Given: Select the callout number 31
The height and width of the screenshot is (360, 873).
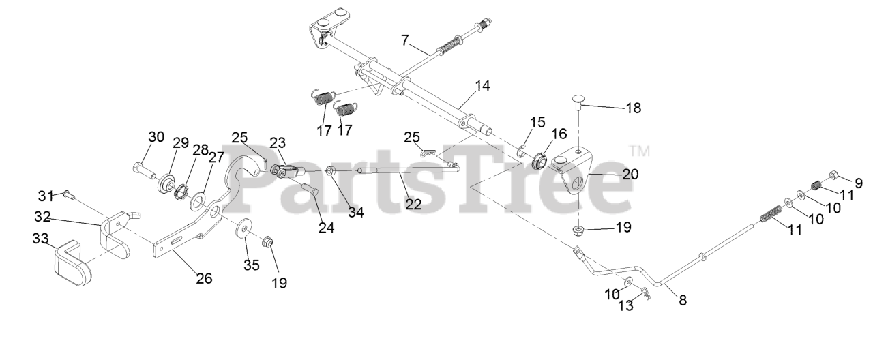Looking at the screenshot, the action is [46, 196].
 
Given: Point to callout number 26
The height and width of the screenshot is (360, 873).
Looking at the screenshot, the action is [204, 278].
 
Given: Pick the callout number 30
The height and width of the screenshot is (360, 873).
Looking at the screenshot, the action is [156, 136].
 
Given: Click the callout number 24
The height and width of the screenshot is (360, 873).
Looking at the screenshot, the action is [327, 228].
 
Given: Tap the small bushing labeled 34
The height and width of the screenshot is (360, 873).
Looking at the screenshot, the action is [331, 170].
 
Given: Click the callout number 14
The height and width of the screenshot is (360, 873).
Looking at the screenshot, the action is [483, 86].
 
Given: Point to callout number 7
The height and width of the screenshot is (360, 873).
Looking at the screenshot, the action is [405, 41].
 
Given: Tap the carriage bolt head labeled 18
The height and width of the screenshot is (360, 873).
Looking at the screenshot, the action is [578, 102].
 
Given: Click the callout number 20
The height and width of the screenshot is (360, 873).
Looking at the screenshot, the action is [631, 174].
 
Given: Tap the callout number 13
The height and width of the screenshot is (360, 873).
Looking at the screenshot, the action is [626, 306].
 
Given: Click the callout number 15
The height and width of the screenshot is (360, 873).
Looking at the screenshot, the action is [537, 123].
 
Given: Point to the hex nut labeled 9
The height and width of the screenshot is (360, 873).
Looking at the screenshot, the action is [834, 175].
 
